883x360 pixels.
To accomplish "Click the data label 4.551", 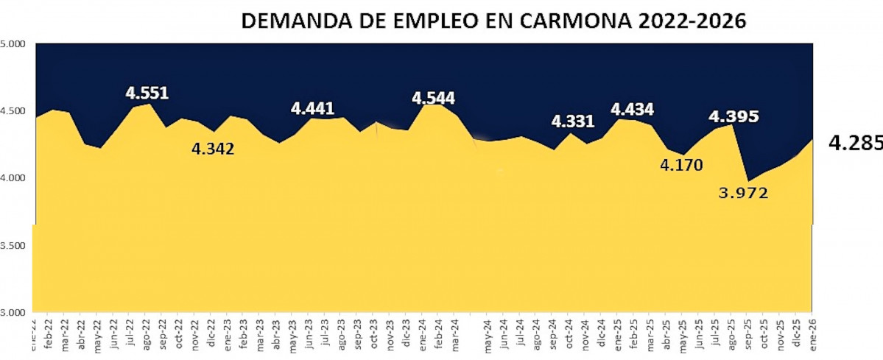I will tap(147, 93).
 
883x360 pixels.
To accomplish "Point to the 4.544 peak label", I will tap(433, 98).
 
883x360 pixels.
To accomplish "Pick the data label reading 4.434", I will tap(633, 109).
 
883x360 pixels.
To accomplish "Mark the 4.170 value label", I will tap(681, 166).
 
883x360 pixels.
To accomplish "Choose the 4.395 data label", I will tap(734, 116).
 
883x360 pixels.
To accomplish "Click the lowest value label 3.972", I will tap(743, 193).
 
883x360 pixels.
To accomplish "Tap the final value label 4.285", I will tap(855, 143).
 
